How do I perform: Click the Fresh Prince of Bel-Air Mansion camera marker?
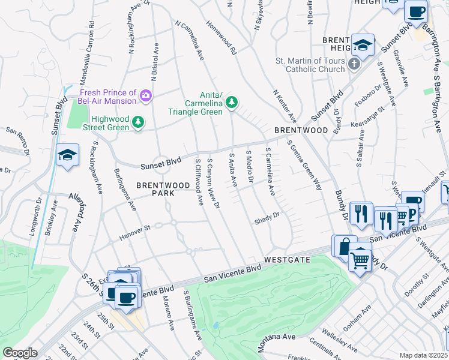point(145,95)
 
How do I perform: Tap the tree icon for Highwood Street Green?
point(139,122)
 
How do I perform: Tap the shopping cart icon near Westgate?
point(360,260)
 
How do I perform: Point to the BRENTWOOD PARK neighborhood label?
point(155,189)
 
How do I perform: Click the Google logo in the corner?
point(20,353)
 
